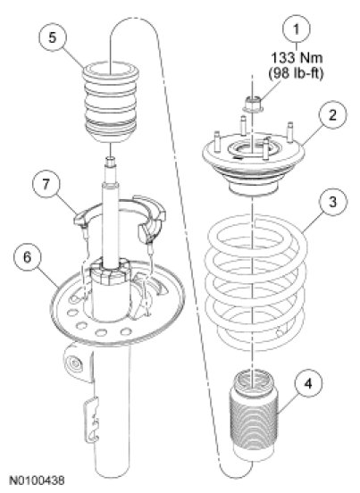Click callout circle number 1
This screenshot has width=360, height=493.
click(297, 29)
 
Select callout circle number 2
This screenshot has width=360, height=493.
click(333, 115)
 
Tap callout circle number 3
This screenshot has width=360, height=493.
click(333, 202)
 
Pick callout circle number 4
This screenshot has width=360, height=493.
click(308, 384)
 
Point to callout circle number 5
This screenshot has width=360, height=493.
click(53, 38)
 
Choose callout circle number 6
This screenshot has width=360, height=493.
click(28, 257)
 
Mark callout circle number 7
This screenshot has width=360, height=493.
click(46, 184)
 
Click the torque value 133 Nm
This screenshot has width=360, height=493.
click(297, 57)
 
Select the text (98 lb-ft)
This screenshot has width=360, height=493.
click(296, 73)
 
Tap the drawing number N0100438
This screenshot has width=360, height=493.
click(37, 480)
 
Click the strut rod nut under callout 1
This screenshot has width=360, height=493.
click(253, 104)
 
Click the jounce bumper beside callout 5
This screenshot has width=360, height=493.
click(111, 102)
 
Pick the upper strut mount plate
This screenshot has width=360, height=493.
click(254, 157)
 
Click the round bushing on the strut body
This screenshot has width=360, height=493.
click(74, 364)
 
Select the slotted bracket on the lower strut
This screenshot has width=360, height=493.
click(92, 421)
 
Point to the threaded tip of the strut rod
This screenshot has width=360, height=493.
click(111, 162)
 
